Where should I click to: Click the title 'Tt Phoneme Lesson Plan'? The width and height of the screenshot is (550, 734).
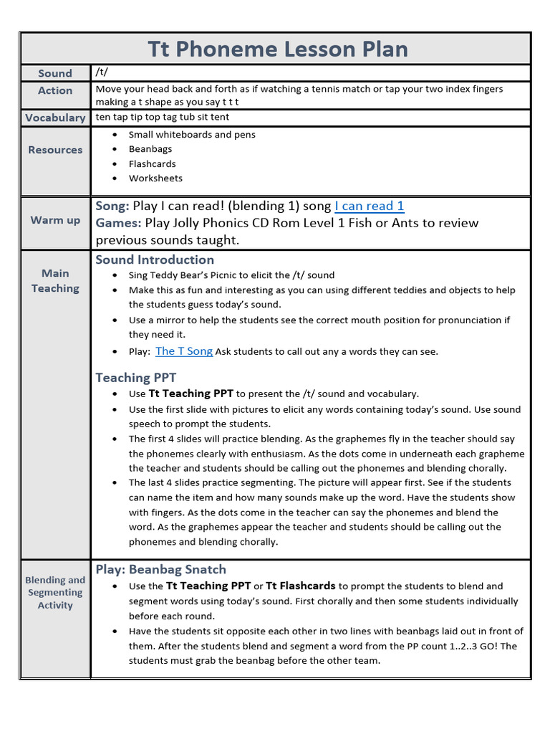[278, 49]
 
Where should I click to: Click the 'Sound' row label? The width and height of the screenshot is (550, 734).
[55, 73]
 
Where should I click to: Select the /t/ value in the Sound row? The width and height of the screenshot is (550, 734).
[102, 72]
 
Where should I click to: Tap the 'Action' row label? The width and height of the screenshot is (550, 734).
[55, 91]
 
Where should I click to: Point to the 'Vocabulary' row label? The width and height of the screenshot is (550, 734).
[55, 118]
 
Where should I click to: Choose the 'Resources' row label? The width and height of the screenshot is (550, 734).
[55, 150]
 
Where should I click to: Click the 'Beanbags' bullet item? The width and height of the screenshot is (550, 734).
[150, 149]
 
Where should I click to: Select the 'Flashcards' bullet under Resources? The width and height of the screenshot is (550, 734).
[152, 163]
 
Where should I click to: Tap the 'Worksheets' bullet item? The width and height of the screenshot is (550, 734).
[155, 178]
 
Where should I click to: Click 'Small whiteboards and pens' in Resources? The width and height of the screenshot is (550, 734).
[192, 135]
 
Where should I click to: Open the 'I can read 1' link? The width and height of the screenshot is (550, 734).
[370, 206]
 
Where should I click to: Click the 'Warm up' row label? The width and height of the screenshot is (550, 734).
[55, 220]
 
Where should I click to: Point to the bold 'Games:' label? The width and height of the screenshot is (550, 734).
[118, 223]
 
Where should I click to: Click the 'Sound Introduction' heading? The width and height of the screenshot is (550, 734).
[155, 259]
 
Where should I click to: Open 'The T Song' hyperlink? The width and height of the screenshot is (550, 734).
[184, 351]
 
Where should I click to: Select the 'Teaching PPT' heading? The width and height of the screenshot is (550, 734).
[136, 378]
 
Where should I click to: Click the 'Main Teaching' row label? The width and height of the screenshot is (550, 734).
[55, 281]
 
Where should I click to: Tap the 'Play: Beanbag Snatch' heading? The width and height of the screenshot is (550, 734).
[161, 570]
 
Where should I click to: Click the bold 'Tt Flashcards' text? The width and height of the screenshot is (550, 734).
[300, 586]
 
